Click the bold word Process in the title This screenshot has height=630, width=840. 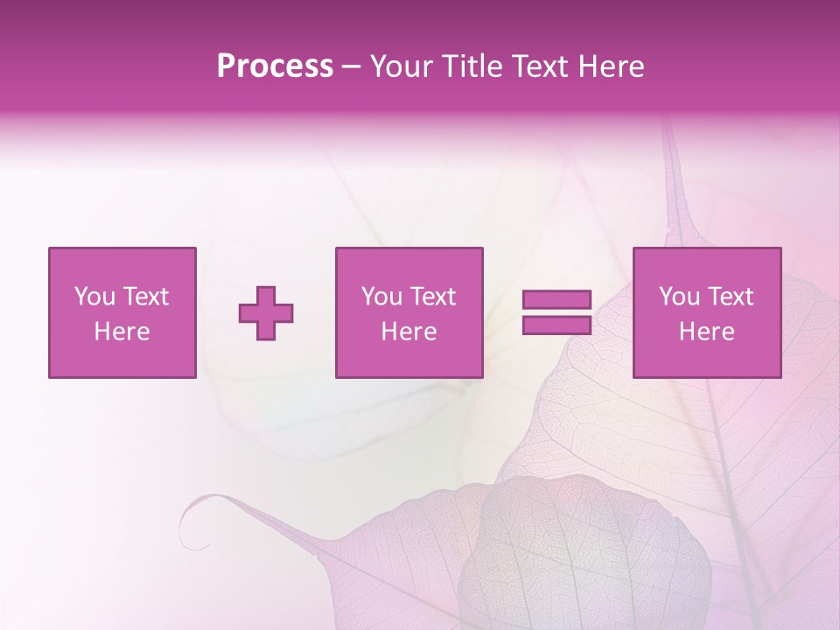[x=275, y=66]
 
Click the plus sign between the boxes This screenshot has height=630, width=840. [x=266, y=313]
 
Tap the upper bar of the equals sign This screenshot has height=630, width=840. [x=556, y=300]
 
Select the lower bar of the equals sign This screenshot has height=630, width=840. [x=556, y=325]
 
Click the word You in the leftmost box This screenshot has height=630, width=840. [x=94, y=297]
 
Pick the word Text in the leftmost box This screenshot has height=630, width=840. [x=144, y=297]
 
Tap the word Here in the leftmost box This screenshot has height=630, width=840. [x=122, y=332]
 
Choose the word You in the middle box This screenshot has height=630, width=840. [x=381, y=297]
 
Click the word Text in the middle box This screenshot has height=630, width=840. [x=432, y=297]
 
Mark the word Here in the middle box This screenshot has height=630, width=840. [x=409, y=332]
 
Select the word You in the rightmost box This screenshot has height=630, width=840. [x=679, y=297]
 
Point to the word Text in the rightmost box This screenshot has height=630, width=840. [x=730, y=297]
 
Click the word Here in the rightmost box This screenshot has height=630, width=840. [x=706, y=332]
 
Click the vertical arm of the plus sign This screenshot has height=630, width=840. [x=266, y=297]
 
